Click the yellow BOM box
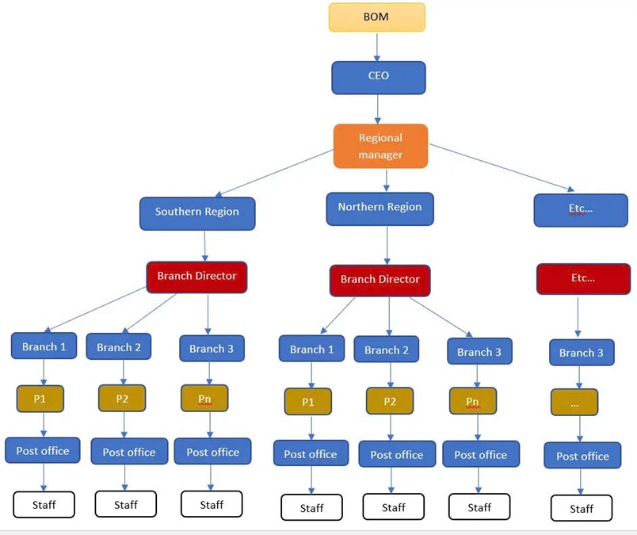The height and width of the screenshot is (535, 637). click(x=377, y=17)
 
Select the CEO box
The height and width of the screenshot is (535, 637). click(x=378, y=78)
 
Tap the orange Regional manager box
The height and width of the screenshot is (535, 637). click(x=380, y=146)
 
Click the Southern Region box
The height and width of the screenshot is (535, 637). click(x=197, y=212)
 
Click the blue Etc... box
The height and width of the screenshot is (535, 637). click(x=582, y=209)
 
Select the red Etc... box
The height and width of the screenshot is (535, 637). click(x=583, y=279)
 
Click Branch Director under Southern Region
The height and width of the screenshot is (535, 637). click(x=196, y=277)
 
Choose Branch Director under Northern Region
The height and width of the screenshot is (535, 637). click(x=380, y=280)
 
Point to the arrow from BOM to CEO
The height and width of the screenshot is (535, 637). click(x=378, y=47)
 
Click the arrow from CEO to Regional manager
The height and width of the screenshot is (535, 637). click(x=378, y=109)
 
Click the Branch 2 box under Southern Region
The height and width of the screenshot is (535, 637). click(x=119, y=347)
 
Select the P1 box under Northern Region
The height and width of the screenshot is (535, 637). click(x=308, y=402)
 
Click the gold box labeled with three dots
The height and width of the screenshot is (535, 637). click(x=574, y=403)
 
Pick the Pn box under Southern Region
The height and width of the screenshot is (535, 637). click(x=204, y=398)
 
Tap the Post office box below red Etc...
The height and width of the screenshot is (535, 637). click(x=582, y=456)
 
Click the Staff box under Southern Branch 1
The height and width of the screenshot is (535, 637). click(x=44, y=504)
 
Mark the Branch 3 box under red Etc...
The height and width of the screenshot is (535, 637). click(x=582, y=353)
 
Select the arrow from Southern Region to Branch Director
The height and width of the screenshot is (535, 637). click(x=204, y=246)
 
